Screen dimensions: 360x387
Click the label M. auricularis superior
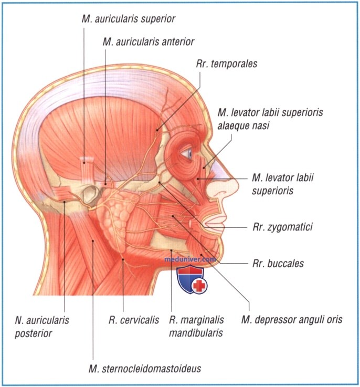click(x=128, y=19)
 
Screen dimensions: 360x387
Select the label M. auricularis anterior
click(x=149, y=42)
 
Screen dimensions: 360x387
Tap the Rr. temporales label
click(x=227, y=64)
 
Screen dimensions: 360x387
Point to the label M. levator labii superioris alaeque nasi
click(x=270, y=119)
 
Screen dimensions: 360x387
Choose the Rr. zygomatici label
click(x=282, y=227)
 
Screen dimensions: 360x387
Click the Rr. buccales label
click(x=278, y=264)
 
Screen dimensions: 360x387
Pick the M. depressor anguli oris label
click(x=292, y=320)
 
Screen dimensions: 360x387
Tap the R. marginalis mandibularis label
click(x=196, y=326)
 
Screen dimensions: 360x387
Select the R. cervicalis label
click(x=134, y=320)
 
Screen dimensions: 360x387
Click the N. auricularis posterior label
click(x=42, y=327)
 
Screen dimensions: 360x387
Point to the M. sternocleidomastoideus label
click(x=145, y=369)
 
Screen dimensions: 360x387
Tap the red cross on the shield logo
click(x=199, y=286)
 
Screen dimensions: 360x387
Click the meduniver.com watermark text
click(x=190, y=259)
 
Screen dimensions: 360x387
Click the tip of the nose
click(x=237, y=185)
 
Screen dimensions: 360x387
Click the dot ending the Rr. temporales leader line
click(x=157, y=129)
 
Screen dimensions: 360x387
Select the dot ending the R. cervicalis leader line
click(x=123, y=259)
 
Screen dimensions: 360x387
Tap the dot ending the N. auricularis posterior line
click(x=64, y=202)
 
